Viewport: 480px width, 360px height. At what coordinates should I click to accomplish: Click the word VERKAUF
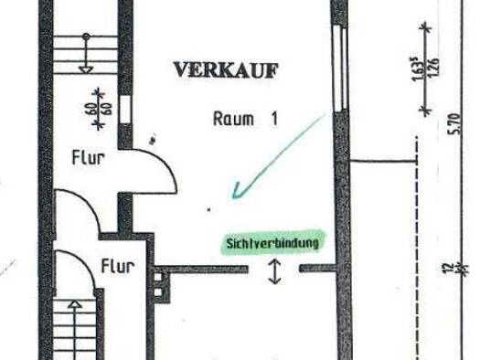(x=225, y=69)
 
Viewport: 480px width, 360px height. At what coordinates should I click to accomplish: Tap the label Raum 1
(x=244, y=119)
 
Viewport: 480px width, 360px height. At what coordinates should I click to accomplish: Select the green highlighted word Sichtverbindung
(x=272, y=244)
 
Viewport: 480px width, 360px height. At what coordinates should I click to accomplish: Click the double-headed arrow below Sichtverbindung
(x=275, y=272)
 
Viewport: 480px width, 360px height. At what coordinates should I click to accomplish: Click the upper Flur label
(x=88, y=157)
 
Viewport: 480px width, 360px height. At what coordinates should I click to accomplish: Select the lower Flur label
(x=118, y=268)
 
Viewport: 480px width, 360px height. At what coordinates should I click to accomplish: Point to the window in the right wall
(x=342, y=69)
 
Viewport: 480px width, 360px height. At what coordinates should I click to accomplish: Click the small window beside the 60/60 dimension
(x=124, y=107)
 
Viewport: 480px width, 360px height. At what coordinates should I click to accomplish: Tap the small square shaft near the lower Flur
(x=160, y=285)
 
